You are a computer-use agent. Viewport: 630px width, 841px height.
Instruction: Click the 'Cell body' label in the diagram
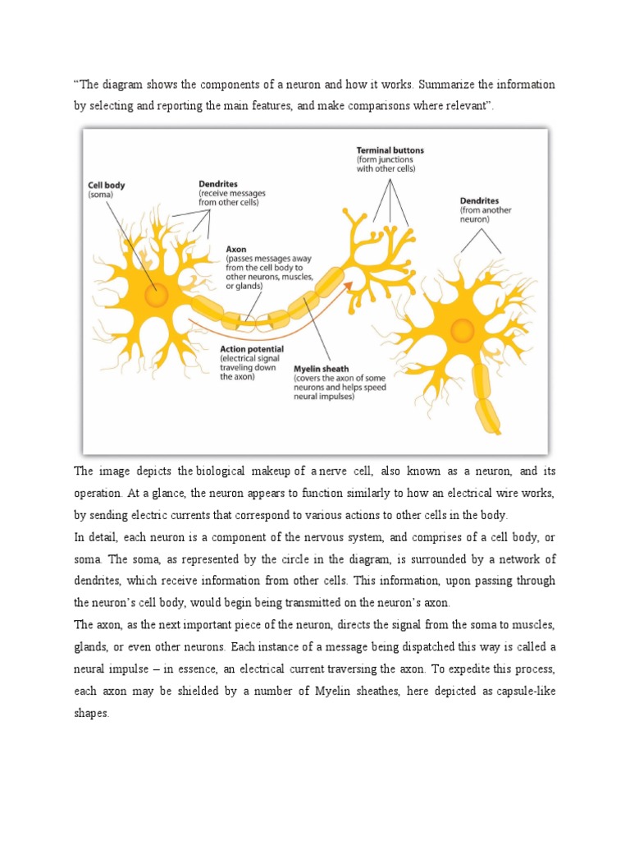click(107, 186)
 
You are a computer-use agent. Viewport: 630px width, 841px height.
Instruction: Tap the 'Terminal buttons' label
click(390, 151)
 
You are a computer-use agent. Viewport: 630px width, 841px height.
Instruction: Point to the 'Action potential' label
click(251, 348)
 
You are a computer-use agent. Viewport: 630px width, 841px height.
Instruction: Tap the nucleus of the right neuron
click(463, 330)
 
